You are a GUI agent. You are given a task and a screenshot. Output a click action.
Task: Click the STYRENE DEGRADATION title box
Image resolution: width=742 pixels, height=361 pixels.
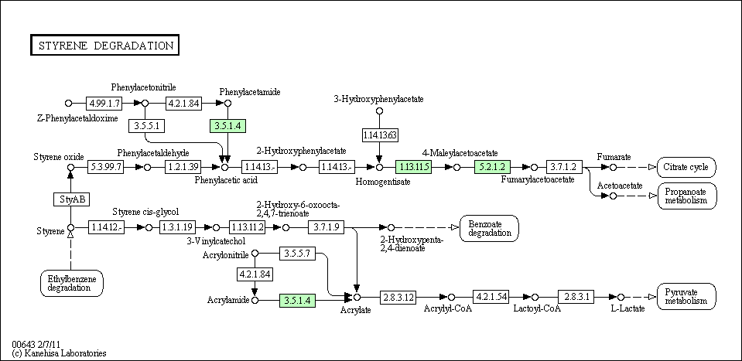[104, 46]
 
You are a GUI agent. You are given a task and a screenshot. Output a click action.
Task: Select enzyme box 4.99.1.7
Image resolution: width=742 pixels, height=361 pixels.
[104, 103]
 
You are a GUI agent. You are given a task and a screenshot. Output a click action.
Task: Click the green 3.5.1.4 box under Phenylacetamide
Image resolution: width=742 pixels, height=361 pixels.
[226, 125]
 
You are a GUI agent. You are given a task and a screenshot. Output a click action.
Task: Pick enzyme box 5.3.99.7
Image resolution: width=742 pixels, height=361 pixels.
[105, 166]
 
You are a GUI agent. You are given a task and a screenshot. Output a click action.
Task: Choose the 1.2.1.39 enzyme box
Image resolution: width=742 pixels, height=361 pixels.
[183, 166]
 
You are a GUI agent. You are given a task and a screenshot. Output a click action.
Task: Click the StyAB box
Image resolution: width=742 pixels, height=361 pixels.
[70, 199]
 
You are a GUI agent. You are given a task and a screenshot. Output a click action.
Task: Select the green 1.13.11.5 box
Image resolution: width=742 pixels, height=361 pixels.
[413, 166]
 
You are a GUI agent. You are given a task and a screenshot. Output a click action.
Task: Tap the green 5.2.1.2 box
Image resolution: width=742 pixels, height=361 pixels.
[492, 166]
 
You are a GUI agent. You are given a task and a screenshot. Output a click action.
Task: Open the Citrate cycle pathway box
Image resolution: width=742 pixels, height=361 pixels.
[686, 167]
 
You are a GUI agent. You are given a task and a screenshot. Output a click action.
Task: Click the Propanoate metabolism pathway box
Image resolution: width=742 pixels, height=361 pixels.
[686, 196]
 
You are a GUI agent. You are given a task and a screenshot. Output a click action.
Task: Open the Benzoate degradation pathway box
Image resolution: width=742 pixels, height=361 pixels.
[489, 228]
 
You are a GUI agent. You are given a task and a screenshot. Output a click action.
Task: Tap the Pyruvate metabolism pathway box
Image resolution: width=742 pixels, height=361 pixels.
[686, 297]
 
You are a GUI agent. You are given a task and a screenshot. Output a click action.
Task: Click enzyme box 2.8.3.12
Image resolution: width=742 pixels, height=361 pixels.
[398, 297]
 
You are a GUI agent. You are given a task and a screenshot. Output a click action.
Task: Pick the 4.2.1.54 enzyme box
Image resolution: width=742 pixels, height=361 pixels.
[491, 297]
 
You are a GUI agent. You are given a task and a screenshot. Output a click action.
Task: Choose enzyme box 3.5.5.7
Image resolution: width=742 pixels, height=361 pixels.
[297, 253]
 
